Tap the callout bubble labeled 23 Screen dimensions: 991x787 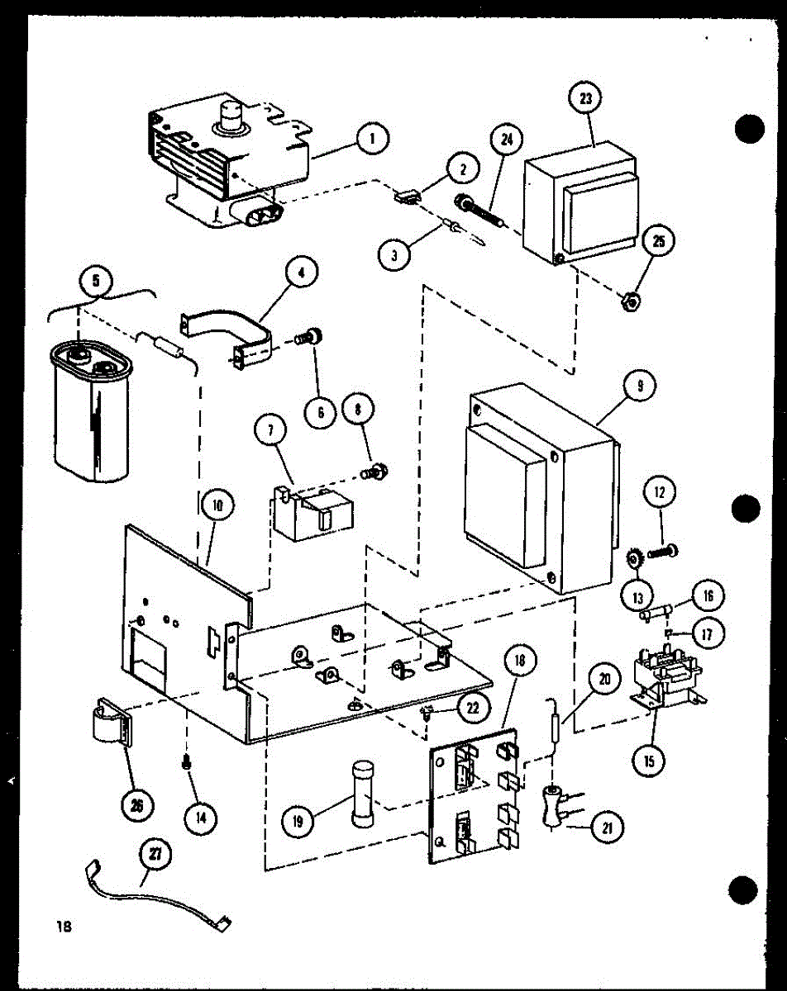click(586, 99)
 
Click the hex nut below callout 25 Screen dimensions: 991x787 click(629, 303)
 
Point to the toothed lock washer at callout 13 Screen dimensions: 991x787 click(634, 560)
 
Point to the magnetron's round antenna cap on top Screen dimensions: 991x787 click(231, 116)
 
